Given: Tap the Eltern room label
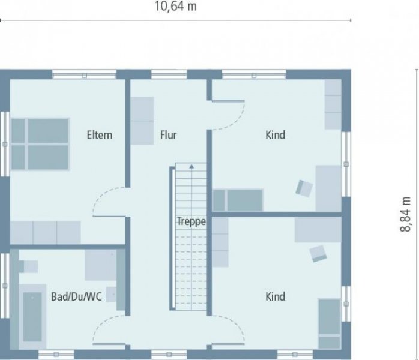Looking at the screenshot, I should pyautogui.click(x=99, y=135).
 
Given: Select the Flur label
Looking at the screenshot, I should pyautogui.click(x=168, y=135).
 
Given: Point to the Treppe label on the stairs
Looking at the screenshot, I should pyautogui.click(x=191, y=221).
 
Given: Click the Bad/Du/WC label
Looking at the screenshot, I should pyautogui.click(x=76, y=296).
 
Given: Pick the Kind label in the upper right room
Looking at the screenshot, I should pyautogui.click(x=275, y=135).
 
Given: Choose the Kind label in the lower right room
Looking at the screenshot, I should pyautogui.click(x=275, y=296).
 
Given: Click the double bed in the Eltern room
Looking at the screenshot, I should pyautogui.click(x=40, y=144).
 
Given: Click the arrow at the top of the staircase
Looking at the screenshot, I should pyautogui.click(x=191, y=166).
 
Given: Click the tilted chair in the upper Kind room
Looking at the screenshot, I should pyautogui.click(x=304, y=188).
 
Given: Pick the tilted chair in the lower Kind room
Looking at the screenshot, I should pyautogui.click(x=318, y=253).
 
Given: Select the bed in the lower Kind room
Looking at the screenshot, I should pyautogui.click(x=329, y=324).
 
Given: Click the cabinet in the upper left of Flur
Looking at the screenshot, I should pyautogui.click(x=143, y=121).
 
